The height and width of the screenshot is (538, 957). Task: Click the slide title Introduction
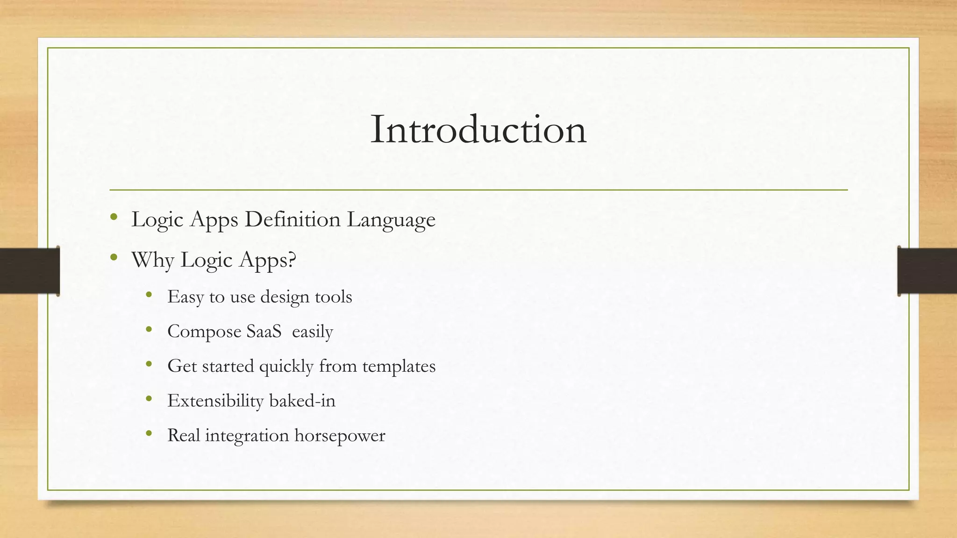[478, 129]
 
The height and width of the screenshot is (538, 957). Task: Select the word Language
[391, 220]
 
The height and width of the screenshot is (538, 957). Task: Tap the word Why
[153, 260]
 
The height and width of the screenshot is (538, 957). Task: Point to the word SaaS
[264, 331]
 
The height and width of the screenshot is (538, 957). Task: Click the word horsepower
[340, 436]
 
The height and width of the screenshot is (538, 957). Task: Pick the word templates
[399, 366]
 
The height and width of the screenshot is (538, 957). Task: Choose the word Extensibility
[215, 401]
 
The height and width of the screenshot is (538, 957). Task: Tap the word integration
[247, 436]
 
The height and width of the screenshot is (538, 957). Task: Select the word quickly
[286, 366]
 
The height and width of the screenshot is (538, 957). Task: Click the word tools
[333, 297]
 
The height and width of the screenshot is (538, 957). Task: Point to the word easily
[313, 332]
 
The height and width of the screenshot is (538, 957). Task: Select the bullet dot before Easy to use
[149, 294]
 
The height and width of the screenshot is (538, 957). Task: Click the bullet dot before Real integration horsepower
[149, 433]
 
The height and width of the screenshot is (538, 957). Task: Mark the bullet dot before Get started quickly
[149, 364]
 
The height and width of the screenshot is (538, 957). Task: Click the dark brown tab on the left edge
[29, 271]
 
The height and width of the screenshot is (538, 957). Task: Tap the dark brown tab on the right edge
[927, 271]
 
